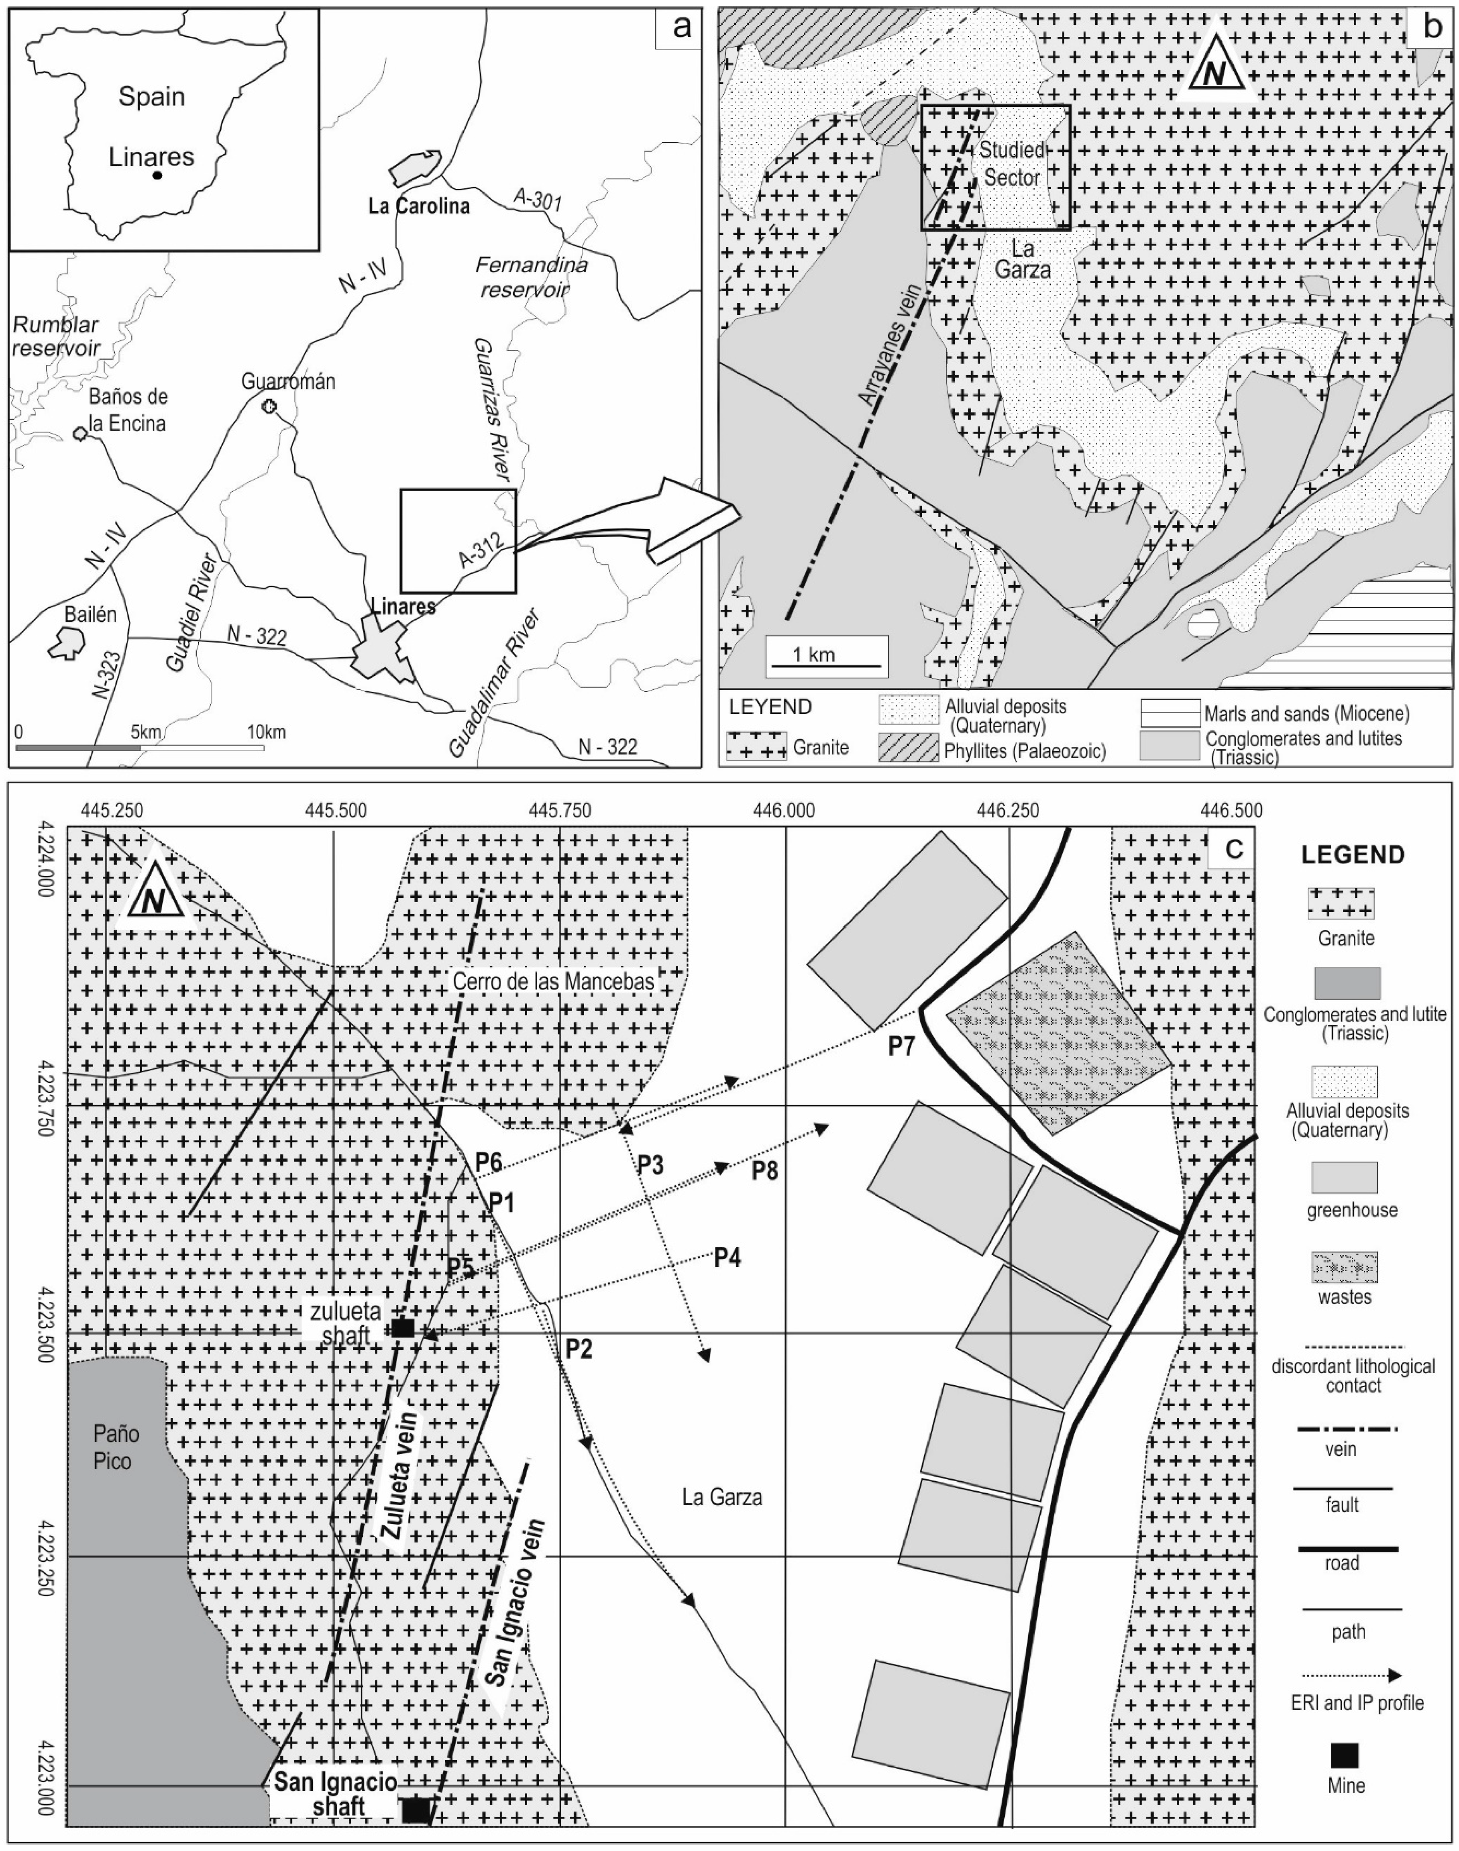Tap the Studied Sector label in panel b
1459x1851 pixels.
[1011, 164]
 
